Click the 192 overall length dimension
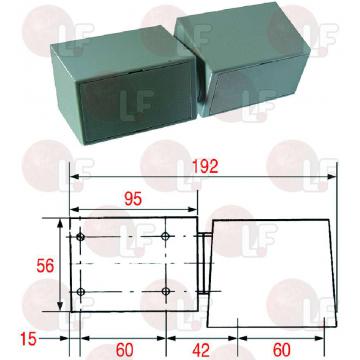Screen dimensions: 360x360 coord(205,166)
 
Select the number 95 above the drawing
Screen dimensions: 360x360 coord(133,199)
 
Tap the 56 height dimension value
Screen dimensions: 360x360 coord(45,266)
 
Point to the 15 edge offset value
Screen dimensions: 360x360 coord(28,340)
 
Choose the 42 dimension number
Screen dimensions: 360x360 coord(201,350)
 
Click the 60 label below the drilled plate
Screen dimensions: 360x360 coord(124,350)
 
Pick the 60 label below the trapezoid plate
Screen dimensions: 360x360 coord(282,350)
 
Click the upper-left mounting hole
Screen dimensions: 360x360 coord(80,237)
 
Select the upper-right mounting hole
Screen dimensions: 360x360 coord(165,237)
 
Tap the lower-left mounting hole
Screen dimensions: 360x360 coord(80,292)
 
